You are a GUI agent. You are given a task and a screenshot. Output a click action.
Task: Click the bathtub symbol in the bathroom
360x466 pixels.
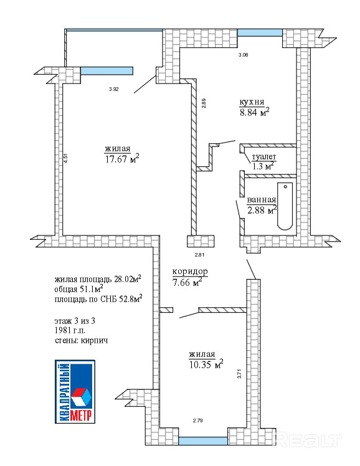click(x=285, y=206)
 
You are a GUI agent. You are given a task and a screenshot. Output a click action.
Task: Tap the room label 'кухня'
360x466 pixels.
click(x=252, y=102)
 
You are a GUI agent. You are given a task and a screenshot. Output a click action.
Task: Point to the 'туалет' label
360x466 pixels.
click(x=264, y=156)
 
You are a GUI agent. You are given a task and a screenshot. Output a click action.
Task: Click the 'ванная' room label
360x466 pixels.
click(x=262, y=200)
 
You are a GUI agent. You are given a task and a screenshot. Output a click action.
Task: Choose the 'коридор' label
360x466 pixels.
click(x=190, y=272)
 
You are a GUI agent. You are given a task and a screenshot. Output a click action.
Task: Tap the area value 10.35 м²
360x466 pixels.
click(x=206, y=364)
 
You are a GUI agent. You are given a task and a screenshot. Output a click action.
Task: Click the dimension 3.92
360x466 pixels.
click(x=114, y=89)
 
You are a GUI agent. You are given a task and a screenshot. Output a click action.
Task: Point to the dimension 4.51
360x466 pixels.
click(x=65, y=158)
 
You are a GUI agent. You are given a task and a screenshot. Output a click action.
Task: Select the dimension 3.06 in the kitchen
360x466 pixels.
click(x=244, y=55)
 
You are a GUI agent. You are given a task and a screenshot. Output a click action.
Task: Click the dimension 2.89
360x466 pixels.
click(x=204, y=103)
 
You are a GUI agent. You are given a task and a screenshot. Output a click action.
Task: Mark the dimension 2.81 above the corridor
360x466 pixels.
click(x=199, y=255)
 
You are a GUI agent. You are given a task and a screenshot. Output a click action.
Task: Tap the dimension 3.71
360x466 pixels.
click(x=239, y=374)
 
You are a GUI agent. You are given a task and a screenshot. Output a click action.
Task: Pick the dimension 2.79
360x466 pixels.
click(x=198, y=421)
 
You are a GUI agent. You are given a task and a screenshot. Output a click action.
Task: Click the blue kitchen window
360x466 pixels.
click(x=260, y=32)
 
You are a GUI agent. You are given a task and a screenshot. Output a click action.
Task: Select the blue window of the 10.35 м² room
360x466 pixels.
click(x=203, y=441)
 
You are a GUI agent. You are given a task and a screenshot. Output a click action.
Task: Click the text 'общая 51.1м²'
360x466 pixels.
click(x=78, y=288)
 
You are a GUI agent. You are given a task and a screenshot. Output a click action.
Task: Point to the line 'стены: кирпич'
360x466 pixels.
click(x=81, y=340)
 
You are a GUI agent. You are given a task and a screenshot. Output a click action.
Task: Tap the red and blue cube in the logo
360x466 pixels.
click(x=81, y=397)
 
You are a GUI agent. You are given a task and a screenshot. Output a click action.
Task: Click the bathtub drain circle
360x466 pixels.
click(x=285, y=187)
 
